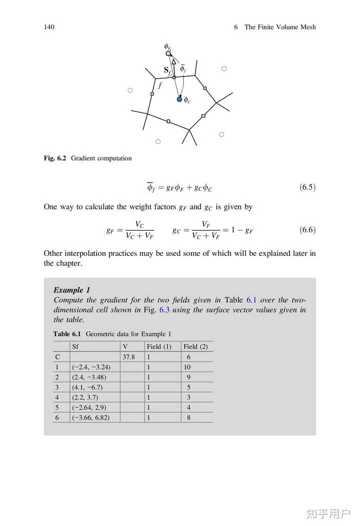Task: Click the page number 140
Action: point(49,27)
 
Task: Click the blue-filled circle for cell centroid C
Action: point(179,99)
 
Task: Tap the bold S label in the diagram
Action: point(166,70)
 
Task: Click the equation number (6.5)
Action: point(307,188)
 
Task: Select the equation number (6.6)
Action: point(307,230)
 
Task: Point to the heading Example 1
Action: point(71,290)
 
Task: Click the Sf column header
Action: point(76,346)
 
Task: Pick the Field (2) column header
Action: point(195,346)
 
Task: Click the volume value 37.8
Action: point(128,357)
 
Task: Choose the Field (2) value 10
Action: point(187,367)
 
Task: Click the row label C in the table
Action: point(57,357)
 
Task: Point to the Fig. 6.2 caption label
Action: point(55,158)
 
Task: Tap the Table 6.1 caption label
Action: point(68,334)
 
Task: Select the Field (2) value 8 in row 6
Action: point(188,417)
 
